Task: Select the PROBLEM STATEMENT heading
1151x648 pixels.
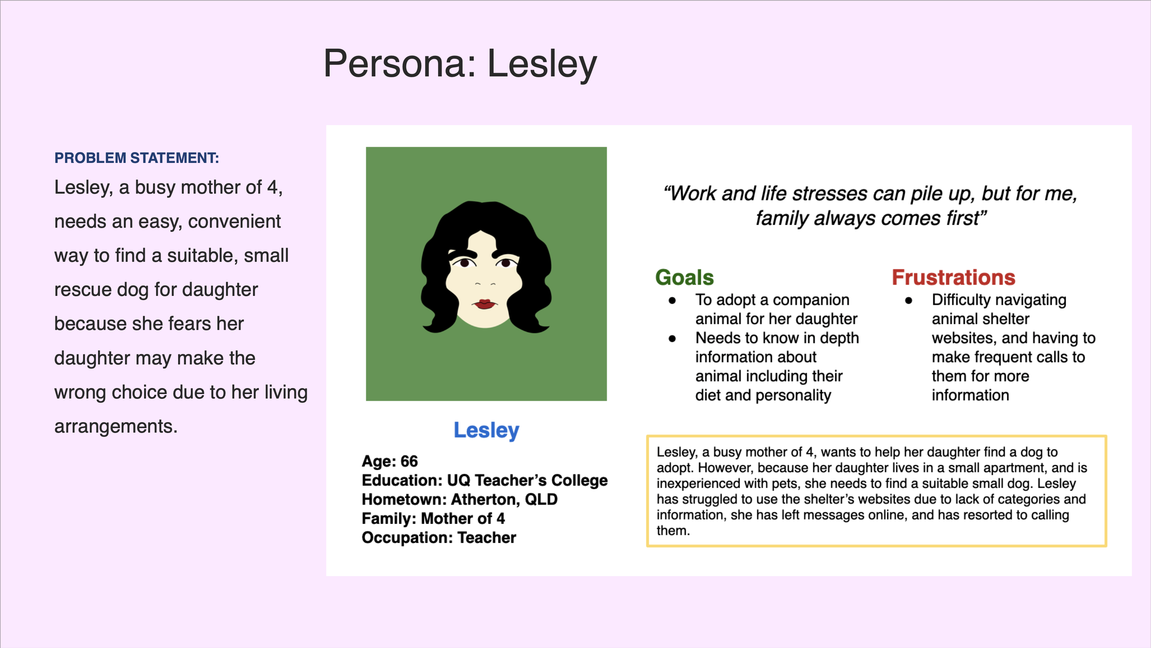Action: point(137,158)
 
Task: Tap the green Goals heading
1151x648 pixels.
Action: point(684,277)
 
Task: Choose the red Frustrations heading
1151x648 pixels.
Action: point(953,277)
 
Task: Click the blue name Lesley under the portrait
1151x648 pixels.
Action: point(486,430)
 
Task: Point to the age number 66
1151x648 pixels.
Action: point(409,461)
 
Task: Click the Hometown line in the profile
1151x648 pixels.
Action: point(460,499)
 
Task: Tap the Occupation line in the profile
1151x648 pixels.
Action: point(439,538)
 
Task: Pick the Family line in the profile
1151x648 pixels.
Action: point(433,518)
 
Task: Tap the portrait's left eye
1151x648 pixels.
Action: point(465,263)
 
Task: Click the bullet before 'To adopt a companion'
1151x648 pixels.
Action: point(672,300)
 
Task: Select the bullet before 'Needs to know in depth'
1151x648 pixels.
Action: point(672,339)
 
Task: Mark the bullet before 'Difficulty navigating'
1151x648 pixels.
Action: point(909,300)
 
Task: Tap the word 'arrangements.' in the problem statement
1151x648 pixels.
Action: point(116,427)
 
